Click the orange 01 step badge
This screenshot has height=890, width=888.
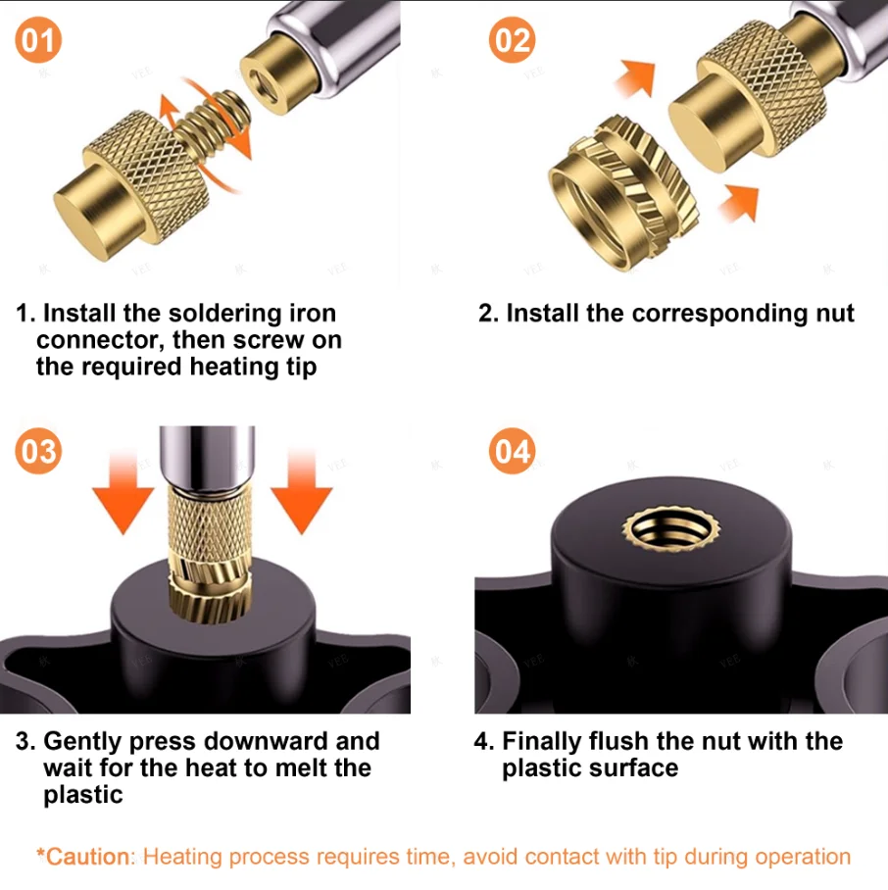point(38,40)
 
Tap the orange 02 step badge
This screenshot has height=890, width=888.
point(512,40)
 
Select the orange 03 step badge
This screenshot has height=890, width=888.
point(38,451)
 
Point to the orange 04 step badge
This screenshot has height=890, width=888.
point(512,451)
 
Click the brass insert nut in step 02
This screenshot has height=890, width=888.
point(622,191)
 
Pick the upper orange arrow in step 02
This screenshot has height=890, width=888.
point(635,78)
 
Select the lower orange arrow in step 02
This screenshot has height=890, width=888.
point(739,203)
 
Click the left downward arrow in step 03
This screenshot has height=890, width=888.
point(123,491)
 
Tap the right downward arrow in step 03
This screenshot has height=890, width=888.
point(301,491)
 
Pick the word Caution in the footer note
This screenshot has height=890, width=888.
point(87,857)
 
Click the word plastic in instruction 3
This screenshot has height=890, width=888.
point(83,795)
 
